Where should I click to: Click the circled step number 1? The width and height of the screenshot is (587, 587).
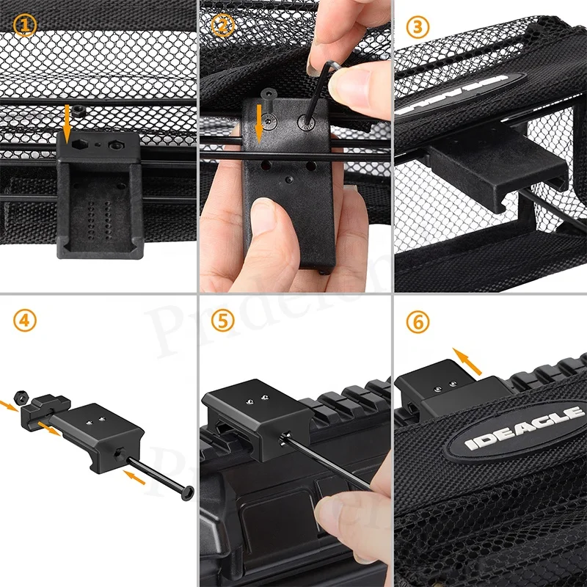(25, 26)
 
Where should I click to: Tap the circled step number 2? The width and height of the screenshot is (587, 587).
(221, 26)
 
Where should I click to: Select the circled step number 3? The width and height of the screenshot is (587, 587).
(418, 27)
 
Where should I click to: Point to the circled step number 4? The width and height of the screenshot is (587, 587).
(25, 321)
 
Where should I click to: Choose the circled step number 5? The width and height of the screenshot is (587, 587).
(221, 321)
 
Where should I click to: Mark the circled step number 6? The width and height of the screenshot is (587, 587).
(418, 321)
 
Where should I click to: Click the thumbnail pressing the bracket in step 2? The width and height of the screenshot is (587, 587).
(262, 218)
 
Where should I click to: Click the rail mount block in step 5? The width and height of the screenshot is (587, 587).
(249, 418)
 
